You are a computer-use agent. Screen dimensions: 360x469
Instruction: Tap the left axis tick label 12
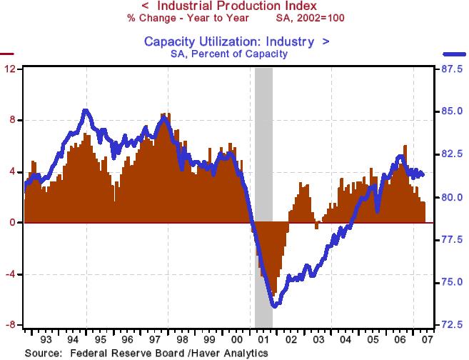click(11, 69)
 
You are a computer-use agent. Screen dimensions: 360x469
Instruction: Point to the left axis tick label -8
click(11, 325)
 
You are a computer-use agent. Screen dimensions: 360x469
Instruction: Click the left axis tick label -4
click(11, 274)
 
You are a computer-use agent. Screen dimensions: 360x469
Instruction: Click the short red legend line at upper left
click(6, 54)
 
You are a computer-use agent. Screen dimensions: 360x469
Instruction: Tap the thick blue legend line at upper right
click(455, 54)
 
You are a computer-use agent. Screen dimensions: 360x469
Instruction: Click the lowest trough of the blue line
click(274, 306)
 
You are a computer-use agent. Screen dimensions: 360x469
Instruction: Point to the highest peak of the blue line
click(86, 110)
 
